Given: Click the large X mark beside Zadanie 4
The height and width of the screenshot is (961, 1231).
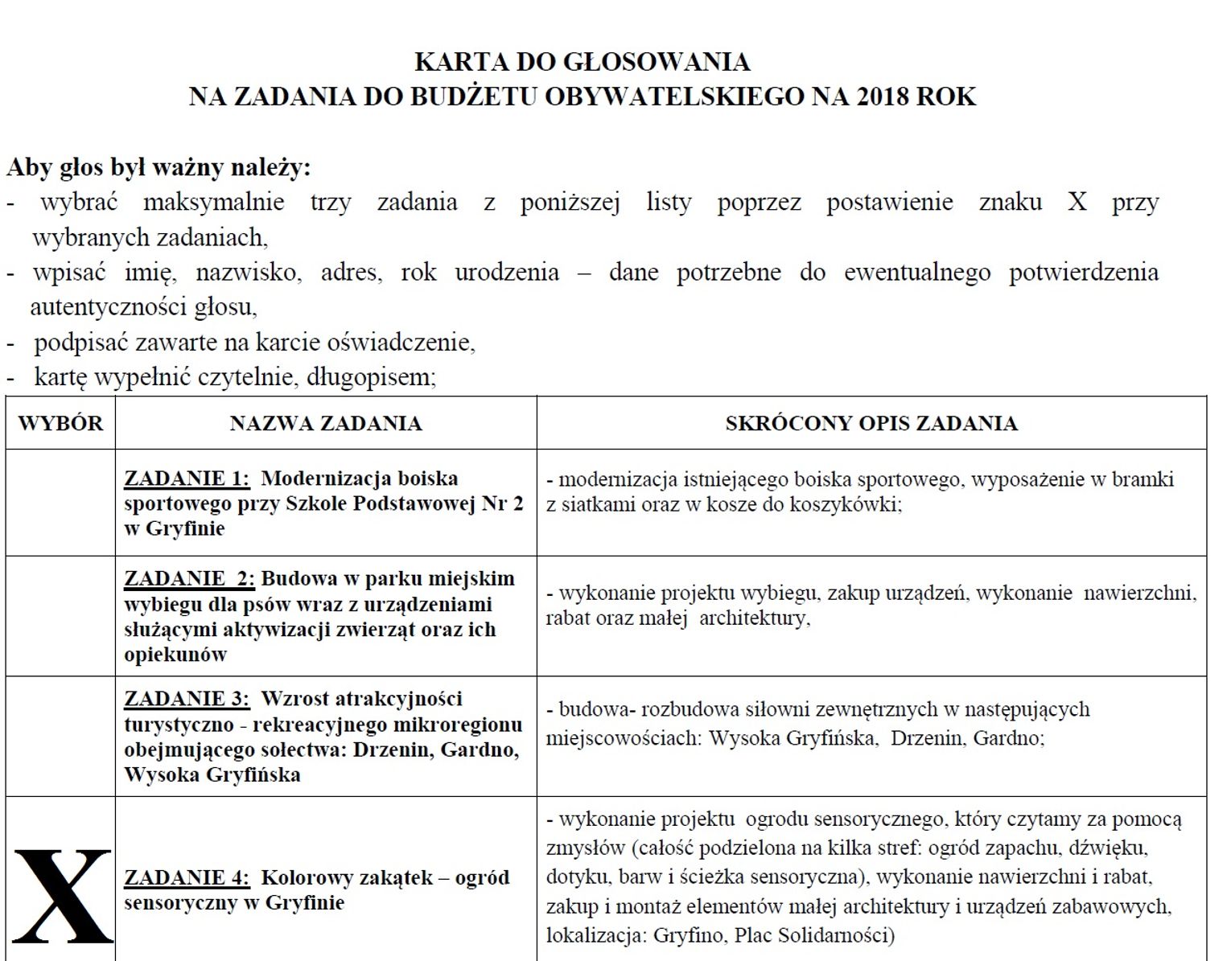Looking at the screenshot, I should pyautogui.click(x=62, y=896).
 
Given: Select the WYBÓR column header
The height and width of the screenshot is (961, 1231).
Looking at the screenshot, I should pyautogui.click(x=60, y=423).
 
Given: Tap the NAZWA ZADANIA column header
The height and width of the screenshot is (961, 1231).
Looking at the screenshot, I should pyautogui.click(x=326, y=423).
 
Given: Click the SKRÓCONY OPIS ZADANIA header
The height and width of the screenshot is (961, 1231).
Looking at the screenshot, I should pyautogui.click(x=871, y=423).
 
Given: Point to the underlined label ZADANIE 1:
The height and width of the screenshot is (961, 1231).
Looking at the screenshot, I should pyautogui.click(x=187, y=478).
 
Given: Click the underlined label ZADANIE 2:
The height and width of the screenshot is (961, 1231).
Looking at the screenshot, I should pyautogui.click(x=189, y=579).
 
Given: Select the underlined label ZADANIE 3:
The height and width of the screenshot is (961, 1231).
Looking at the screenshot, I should pyautogui.click(x=187, y=699).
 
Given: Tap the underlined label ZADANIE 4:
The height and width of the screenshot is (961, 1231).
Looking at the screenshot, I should pyautogui.click(x=187, y=877).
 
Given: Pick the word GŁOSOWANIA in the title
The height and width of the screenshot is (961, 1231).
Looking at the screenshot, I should pyautogui.click(x=656, y=62).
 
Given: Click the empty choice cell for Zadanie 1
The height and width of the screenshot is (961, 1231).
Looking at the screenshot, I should pyautogui.click(x=60, y=503).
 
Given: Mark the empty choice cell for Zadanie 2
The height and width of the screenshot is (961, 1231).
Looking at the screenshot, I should pyautogui.click(x=60, y=616).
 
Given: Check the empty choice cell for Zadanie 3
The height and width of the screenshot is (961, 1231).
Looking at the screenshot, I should pyautogui.click(x=60, y=737).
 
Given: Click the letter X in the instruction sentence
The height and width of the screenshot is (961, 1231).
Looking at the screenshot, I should pyautogui.click(x=1077, y=202).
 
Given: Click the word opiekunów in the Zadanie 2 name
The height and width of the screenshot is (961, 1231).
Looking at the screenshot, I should pyautogui.click(x=175, y=655).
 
